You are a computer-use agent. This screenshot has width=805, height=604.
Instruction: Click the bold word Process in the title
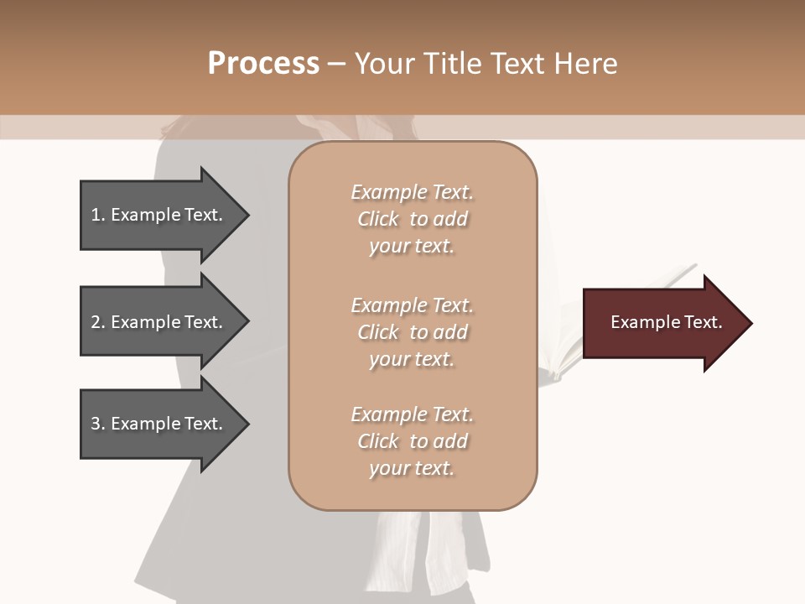(x=263, y=64)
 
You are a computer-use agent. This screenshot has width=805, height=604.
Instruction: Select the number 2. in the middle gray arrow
(x=98, y=322)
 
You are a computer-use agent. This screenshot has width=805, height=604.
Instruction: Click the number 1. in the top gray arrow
(x=98, y=215)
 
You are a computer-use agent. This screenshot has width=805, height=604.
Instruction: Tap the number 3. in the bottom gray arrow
(x=98, y=424)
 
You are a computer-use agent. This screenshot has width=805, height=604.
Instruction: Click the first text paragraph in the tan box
(x=413, y=219)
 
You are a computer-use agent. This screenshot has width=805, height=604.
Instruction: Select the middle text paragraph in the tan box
(x=413, y=332)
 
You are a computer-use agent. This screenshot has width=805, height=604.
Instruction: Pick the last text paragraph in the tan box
(x=413, y=441)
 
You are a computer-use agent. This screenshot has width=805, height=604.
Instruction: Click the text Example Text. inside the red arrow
(x=666, y=322)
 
